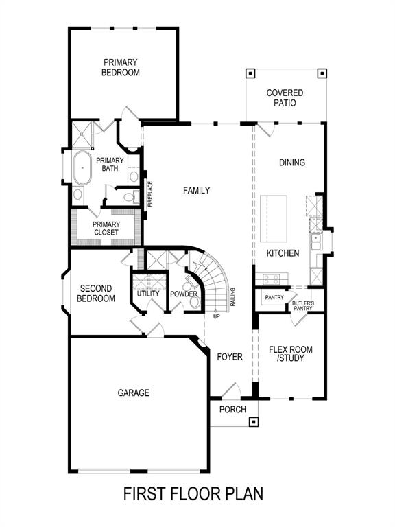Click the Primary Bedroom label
121,67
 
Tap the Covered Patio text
285,97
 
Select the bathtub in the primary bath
83,168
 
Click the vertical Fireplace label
151,194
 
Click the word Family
196,191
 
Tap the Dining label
292,163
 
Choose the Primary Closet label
106,229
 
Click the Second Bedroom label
95,293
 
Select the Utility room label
147,294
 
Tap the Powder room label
184,294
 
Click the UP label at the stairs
216,316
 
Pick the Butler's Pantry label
302,306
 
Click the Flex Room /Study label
291,354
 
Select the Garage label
133,393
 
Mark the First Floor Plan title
193,493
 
